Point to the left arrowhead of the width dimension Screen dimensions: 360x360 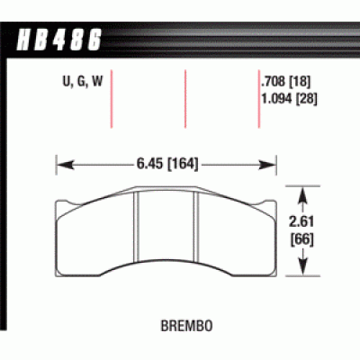tap(61, 164)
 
